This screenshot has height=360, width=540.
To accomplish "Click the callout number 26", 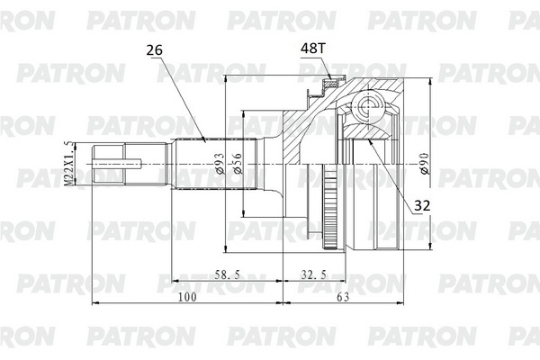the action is point(154,50).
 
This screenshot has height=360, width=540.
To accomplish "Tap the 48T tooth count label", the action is point(312,49).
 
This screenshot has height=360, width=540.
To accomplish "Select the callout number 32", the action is point(422,206).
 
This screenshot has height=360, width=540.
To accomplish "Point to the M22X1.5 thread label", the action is point(69,164).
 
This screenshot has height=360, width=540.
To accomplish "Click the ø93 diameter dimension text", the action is point(220,163).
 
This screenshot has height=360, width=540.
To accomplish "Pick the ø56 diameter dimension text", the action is point(238,163).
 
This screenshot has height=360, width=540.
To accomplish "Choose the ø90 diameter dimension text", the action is point(425,163).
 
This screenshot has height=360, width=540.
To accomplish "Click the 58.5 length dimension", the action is point(228,274).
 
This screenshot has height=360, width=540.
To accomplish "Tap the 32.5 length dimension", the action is point(313,274).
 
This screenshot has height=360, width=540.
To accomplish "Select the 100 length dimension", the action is point(187,297).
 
